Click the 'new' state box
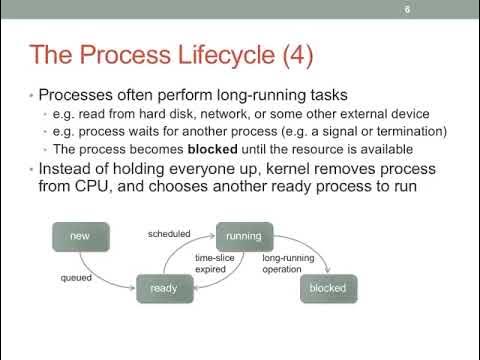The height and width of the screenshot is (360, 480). (x=81, y=236)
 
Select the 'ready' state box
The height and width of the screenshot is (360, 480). (x=164, y=289)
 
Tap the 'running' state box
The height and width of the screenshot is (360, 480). (x=243, y=236)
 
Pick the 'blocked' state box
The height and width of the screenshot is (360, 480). (x=327, y=289)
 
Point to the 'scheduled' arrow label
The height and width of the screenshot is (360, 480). (x=169, y=233)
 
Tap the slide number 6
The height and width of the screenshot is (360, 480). (x=407, y=12)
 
